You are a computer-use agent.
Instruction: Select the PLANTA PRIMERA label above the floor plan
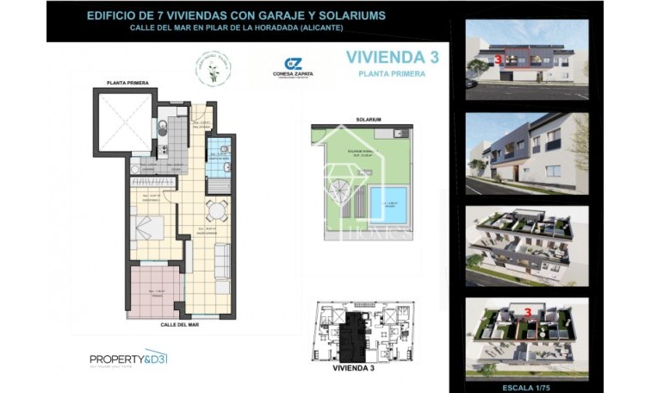pos(127,83)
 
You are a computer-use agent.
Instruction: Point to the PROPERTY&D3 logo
pos(127,357)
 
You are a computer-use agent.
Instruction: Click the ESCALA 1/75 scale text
pos(526,376)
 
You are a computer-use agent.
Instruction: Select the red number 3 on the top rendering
pos(499,61)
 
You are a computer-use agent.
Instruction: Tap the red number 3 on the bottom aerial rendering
pos(525,310)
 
